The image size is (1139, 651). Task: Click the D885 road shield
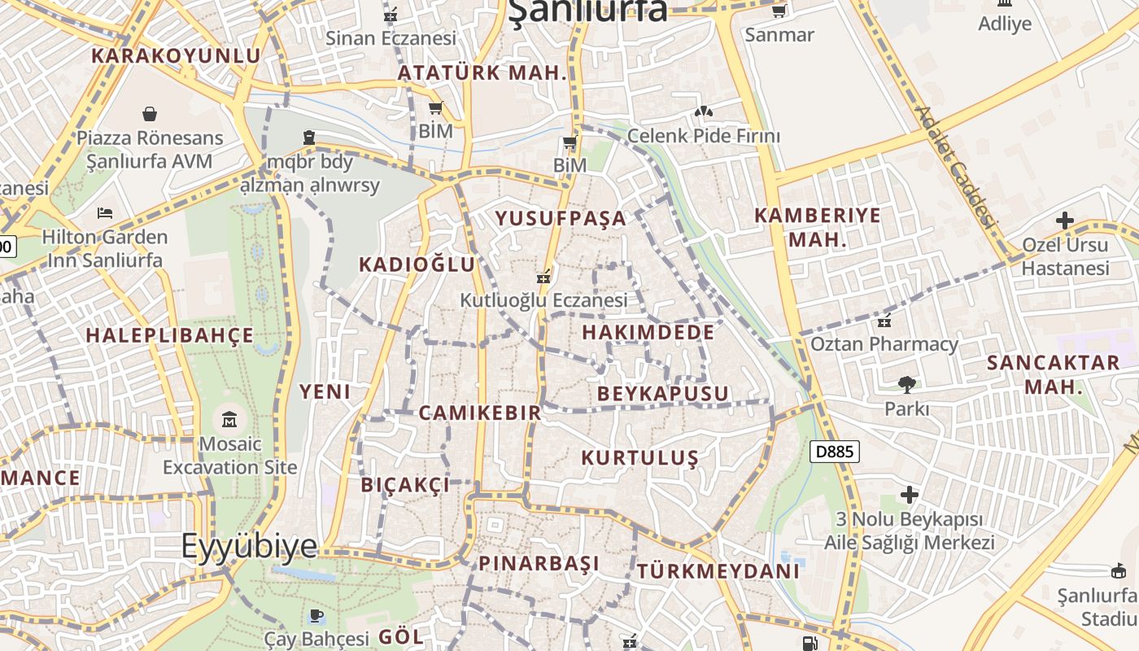click(x=835, y=451)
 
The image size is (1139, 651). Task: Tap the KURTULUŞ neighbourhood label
click(x=639, y=458)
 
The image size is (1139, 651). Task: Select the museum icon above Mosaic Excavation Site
click(x=229, y=420)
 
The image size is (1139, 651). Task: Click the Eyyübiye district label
click(x=249, y=545)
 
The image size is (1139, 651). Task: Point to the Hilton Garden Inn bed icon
click(x=105, y=213)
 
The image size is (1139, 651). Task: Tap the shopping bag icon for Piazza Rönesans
click(x=150, y=113)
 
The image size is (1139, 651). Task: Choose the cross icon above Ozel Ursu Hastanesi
click(x=1064, y=220)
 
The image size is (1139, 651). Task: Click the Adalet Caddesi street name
click(x=956, y=167)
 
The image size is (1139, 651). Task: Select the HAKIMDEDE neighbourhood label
click(x=648, y=332)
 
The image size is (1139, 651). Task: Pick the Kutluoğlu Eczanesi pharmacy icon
click(x=543, y=277)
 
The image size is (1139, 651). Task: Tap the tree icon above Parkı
click(x=906, y=384)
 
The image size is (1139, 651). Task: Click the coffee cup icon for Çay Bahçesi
click(x=316, y=615)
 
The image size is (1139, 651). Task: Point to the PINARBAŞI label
click(x=539, y=563)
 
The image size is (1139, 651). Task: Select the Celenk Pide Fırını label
click(x=703, y=136)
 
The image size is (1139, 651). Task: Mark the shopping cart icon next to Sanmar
click(x=779, y=11)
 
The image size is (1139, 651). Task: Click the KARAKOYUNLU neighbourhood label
click(x=176, y=55)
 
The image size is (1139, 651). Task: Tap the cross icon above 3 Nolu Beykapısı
click(x=910, y=494)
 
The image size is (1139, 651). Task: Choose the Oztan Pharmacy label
click(x=884, y=343)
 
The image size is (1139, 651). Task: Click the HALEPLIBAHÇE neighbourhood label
click(x=169, y=335)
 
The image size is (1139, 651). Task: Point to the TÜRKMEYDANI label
click(x=718, y=571)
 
